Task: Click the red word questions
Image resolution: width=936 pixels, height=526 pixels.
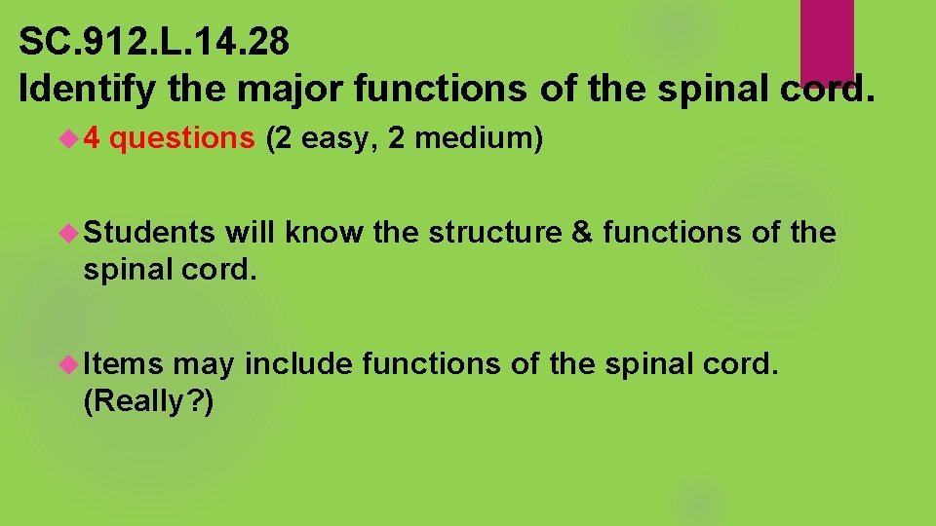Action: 182,139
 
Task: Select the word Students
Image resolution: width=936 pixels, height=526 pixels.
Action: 149,233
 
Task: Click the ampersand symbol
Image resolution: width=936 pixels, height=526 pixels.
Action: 585,233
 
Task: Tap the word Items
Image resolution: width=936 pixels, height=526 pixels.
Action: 123,363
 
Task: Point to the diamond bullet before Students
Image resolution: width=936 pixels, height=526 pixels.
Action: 69,233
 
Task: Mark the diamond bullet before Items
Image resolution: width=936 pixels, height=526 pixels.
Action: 69,363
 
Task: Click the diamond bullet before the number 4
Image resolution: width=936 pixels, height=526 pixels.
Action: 69,139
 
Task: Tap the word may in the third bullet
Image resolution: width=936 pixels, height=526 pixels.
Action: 203,365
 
